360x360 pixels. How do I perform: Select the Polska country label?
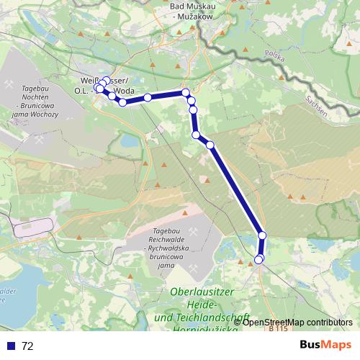(x=275, y=55)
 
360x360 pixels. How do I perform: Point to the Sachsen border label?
(x=318, y=107)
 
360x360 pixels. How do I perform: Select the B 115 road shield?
(x=277, y=329)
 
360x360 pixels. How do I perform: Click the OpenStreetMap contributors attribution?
(x=297, y=323)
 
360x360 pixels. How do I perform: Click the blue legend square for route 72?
(x=10, y=346)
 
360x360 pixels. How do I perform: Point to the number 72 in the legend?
(x=27, y=346)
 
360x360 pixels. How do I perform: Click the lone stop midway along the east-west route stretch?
(x=147, y=97)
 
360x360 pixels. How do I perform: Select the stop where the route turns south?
(x=186, y=92)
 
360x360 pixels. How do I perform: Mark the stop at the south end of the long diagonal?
(x=262, y=235)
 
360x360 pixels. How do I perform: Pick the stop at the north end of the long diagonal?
(x=210, y=145)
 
